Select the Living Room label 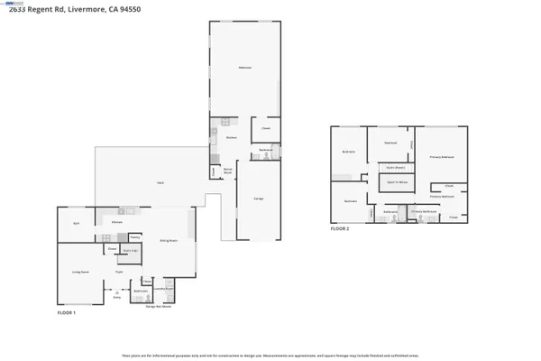click(80, 271)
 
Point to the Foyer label click(119, 271)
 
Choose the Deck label click(160, 183)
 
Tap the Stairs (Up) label click(129, 250)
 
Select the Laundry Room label click(163, 292)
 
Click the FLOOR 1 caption click(67, 312)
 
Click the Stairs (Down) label click(394, 167)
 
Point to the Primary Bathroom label click(424, 211)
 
